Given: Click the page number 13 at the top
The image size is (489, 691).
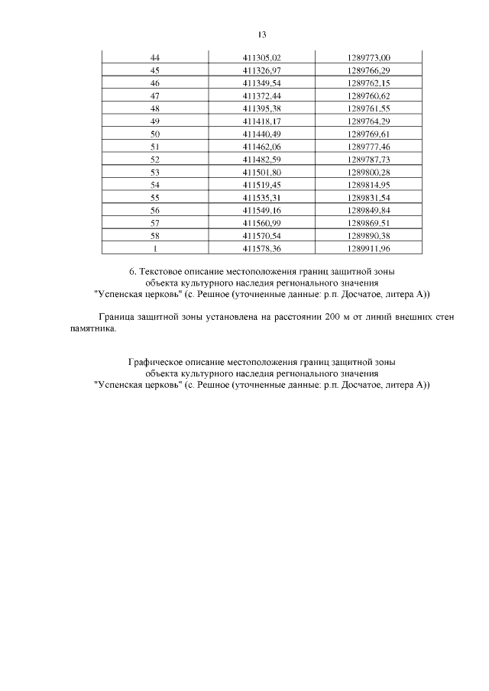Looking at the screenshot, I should tap(261, 35).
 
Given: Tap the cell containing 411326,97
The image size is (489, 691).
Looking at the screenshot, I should tap(262, 70).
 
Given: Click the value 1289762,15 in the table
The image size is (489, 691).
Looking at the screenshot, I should tap(368, 82).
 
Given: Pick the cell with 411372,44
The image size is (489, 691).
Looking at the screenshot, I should tap(262, 95).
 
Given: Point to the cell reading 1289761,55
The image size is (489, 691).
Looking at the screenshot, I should tap(368, 108).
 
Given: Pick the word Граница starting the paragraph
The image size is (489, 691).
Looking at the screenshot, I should tap(114, 317).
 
